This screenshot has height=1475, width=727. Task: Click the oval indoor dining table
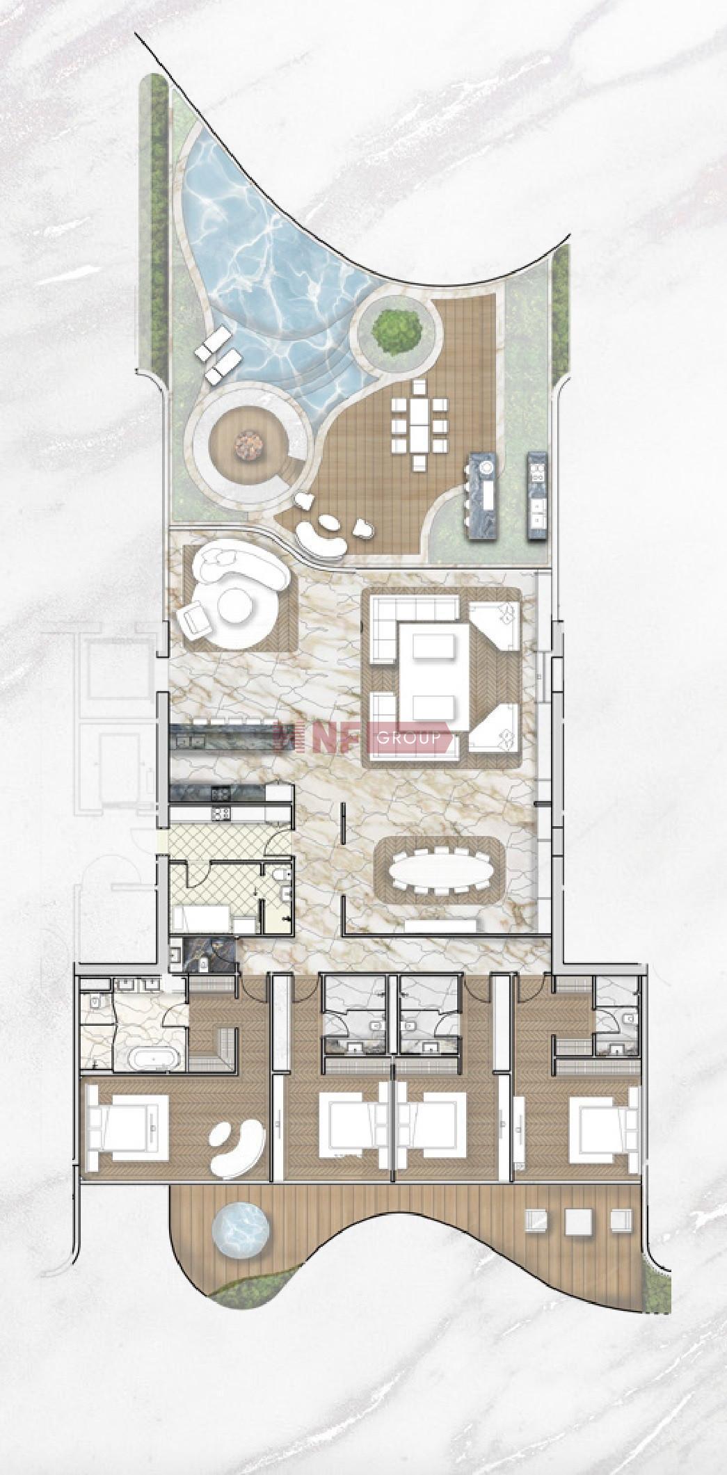pyautogui.click(x=440, y=869)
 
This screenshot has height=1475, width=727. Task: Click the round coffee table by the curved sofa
pyautogui.click(x=235, y=606)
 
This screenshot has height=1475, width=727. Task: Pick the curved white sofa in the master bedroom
pyautogui.click(x=238, y=1148)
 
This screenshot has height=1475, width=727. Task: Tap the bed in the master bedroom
pyautogui.click(x=127, y=1127)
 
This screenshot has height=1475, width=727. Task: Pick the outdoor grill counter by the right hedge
pyautogui.click(x=536, y=495)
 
